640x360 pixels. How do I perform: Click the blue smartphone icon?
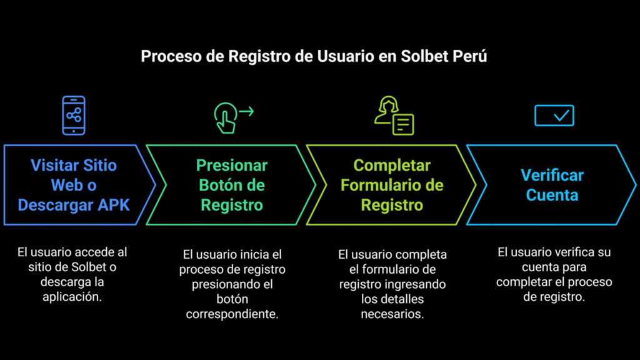(74, 115)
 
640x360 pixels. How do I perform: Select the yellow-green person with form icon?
(394, 116)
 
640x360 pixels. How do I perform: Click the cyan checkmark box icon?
(553, 115)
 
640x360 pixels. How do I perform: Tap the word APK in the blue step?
(114, 205)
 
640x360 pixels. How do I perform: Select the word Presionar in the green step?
(232, 166)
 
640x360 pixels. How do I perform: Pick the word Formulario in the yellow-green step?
(382, 185)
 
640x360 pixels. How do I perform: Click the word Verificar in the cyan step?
(552, 176)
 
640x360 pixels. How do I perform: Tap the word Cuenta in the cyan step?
(552, 195)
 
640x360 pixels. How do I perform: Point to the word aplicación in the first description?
(72, 297)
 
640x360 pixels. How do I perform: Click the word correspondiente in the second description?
(232, 314)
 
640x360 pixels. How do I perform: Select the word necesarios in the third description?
(392, 314)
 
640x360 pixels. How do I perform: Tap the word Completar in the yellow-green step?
(392, 166)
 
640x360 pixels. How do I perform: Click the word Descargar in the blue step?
(56, 205)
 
